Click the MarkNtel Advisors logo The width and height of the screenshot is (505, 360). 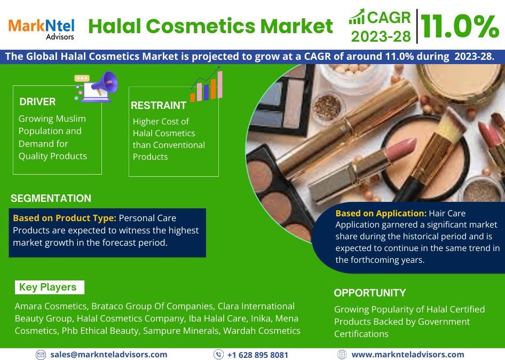42,29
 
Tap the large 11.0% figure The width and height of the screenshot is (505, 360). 460,27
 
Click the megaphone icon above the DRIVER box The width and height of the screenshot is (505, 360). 96,87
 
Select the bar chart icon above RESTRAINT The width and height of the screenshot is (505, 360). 207,84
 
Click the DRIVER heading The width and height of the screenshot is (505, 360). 37,102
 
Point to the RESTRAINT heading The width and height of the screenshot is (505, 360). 159,105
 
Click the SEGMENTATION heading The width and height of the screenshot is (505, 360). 51,198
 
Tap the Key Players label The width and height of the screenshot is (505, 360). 48,287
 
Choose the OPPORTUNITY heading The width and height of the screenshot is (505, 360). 370,293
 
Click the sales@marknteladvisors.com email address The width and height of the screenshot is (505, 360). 108,355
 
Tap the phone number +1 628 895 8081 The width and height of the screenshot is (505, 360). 257,355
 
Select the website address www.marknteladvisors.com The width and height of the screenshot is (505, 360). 408,355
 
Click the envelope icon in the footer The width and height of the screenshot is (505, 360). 41,355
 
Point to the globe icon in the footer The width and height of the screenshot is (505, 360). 342,355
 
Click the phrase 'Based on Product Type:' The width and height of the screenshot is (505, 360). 65,218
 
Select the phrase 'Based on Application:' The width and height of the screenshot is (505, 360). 381,213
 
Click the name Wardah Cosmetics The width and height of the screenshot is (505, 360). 262,331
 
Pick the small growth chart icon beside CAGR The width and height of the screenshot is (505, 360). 357,17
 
